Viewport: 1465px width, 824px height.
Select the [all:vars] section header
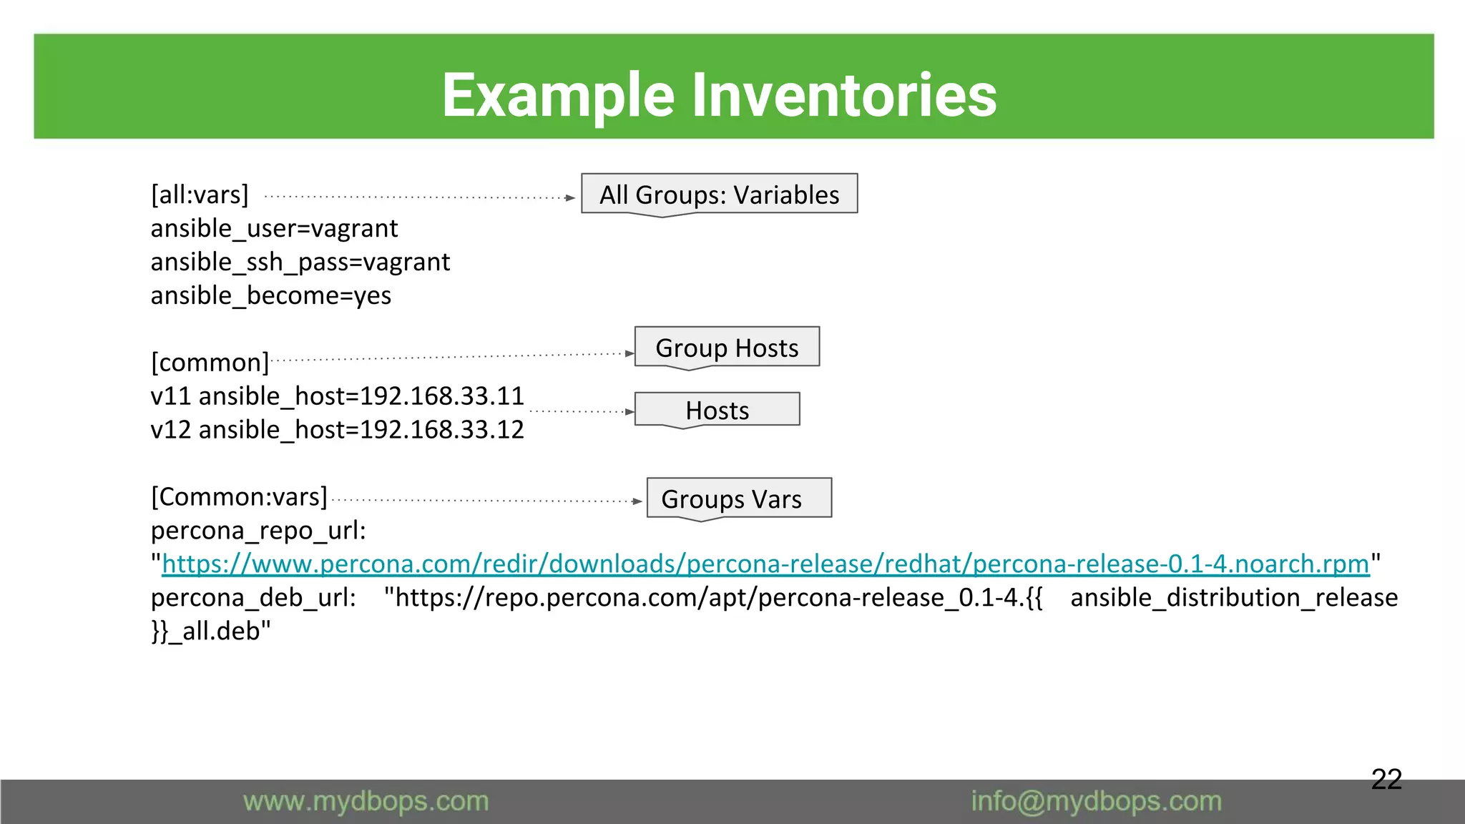pyautogui.click(x=200, y=195)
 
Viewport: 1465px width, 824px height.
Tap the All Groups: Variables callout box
pyautogui.click(x=719, y=195)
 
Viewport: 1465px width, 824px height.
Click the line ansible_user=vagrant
pyautogui.click(x=274, y=228)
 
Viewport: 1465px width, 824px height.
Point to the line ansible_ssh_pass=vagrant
pyautogui.click(x=300, y=262)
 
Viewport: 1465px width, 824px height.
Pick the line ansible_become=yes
pyautogui.click(x=271, y=295)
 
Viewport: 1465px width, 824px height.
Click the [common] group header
pyautogui.click(x=210, y=362)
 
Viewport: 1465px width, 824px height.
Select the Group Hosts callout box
pyautogui.click(x=727, y=348)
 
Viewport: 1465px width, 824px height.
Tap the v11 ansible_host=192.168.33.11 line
pyautogui.click(x=337, y=396)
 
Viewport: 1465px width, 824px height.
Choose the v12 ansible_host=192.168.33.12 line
pyautogui.click(x=337, y=429)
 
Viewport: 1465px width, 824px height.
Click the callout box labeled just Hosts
pyautogui.click(x=717, y=411)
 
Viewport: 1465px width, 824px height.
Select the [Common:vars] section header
pyautogui.click(x=239, y=496)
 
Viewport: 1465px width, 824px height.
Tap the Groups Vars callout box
pyautogui.click(x=731, y=499)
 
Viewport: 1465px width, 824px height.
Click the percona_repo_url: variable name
pyautogui.click(x=258, y=530)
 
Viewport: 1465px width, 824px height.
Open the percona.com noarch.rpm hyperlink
pyautogui.click(x=765, y=564)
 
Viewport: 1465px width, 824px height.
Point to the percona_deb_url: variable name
pyautogui.click(x=253, y=597)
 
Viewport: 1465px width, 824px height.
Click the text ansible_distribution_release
pyautogui.click(x=1234, y=597)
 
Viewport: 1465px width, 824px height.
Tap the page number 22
pyautogui.click(x=1386, y=779)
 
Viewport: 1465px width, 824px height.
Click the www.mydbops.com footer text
pyautogui.click(x=366, y=801)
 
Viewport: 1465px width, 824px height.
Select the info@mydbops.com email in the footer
pyautogui.click(x=1096, y=801)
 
